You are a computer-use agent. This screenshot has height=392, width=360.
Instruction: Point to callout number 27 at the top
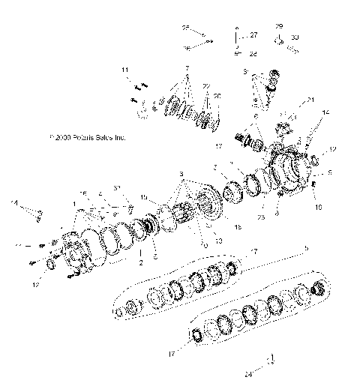[x=253, y=35]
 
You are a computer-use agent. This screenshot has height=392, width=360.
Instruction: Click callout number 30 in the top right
[x=294, y=37]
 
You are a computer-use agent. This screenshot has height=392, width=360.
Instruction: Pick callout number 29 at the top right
[x=279, y=26]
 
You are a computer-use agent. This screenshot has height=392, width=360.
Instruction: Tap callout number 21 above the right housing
[x=310, y=100]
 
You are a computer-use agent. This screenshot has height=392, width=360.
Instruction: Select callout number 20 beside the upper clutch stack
[x=218, y=96]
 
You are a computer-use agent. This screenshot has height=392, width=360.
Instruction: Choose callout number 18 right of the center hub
[x=238, y=226]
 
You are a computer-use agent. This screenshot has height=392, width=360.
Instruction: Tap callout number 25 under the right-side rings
[x=260, y=217]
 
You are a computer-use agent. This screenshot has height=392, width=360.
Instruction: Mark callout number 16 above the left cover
[x=84, y=193]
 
